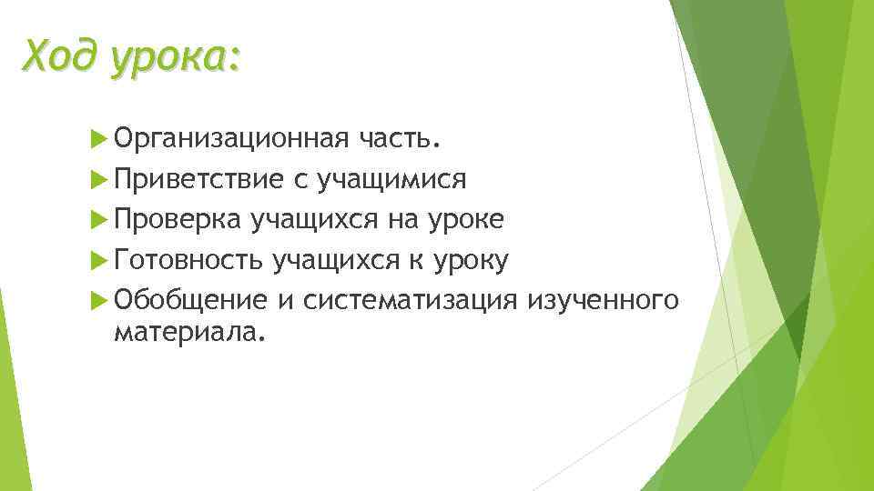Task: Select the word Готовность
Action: click(189, 261)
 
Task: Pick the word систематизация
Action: click(412, 301)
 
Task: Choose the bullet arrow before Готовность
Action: click(100, 261)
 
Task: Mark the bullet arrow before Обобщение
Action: click(100, 301)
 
